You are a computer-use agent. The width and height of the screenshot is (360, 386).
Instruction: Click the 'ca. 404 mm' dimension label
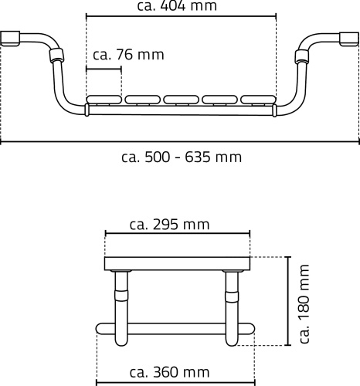click(177, 5)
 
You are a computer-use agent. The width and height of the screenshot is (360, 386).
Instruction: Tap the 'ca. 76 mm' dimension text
click(128, 55)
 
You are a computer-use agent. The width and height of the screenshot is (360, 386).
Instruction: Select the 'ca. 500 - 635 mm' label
click(182, 157)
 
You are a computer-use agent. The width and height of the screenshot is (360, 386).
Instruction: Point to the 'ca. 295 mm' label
click(169, 225)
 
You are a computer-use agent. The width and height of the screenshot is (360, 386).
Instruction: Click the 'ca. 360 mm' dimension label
click(169, 372)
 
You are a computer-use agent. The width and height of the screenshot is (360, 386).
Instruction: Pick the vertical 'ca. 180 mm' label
click(304, 303)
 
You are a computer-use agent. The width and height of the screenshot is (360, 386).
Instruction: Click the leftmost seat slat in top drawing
click(104, 100)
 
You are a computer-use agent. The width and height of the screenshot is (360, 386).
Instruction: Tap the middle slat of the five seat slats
click(181, 100)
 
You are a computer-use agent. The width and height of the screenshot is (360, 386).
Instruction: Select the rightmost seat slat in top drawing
click(258, 100)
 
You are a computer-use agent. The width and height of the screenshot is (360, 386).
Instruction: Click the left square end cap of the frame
click(10, 39)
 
